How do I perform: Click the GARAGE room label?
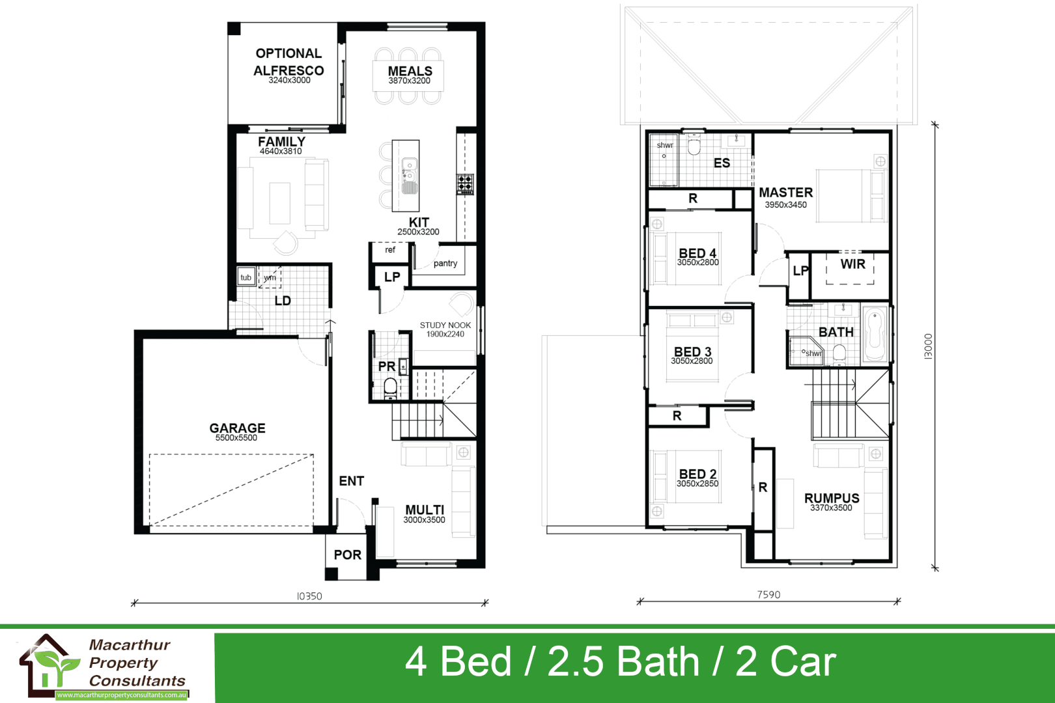(x=237, y=428)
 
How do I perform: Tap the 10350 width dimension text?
(x=309, y=596)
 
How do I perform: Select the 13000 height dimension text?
(x=928, y=346)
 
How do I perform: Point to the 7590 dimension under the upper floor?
(x=768, y=594)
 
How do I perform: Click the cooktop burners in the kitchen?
(x=465, y=184)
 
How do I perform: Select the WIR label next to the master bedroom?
(x=852, y=264)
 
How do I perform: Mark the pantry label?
(x=445, y=263)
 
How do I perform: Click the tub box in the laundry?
(x=246, y=277)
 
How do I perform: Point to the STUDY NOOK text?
(x=445, y=325)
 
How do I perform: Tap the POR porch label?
(x=347, y=555)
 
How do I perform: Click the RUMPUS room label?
(x=832, y=498)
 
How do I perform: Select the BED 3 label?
(x=692, y=351)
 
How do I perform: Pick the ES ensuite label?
(x=722, y=163)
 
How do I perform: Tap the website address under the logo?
(x=122, y=695)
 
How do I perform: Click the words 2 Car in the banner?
(x=785, y=662)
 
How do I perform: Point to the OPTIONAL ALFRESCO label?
(x=288, y=62)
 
